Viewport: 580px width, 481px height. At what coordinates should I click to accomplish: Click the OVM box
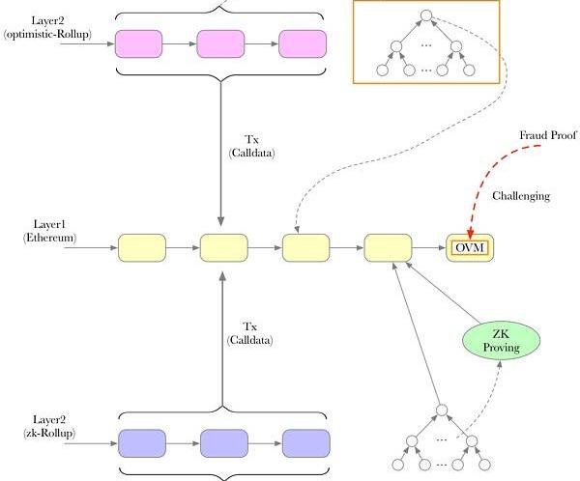tap(469, 248)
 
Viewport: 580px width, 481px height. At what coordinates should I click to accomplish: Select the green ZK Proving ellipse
tap(501, 339)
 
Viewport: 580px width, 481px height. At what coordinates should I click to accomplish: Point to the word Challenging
tap(521, 196)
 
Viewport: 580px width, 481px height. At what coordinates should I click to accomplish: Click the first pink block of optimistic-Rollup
tap(139, 43)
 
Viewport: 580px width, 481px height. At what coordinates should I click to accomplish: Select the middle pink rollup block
tap(221, 43)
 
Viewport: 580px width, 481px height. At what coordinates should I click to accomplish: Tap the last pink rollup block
tap(304, 43)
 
